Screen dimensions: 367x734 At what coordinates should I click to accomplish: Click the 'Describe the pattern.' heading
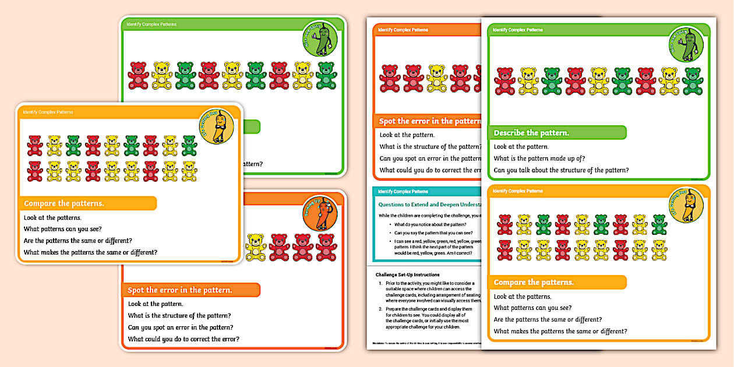tap(531, 133)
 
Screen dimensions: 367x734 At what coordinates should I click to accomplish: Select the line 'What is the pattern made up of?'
tap(539, 158)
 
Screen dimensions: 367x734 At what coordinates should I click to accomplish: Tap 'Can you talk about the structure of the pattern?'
tap(561, 170)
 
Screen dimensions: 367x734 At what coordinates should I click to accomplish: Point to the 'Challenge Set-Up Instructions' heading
tap(407, 274)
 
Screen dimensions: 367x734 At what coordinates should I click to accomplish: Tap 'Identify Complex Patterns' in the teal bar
tap(403, 191)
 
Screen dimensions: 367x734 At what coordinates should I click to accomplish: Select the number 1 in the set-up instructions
tap(380, 283)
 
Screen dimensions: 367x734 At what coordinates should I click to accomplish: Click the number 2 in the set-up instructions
tap(380, 309)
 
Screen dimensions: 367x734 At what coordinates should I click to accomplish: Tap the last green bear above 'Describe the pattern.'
tap(692, 81)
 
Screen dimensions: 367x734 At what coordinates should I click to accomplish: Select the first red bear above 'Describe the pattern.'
tap(504, 81)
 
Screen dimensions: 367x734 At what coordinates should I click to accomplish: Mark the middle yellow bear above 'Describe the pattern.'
tap(598, 81)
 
